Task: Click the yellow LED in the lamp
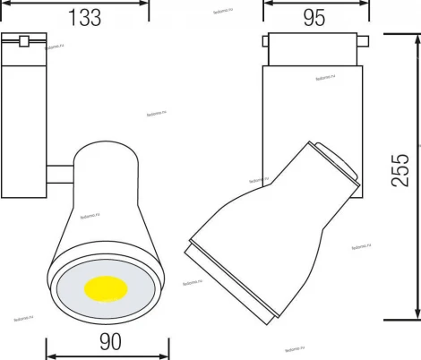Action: [x=106, y=291]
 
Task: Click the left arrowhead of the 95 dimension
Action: [x=267, y=2]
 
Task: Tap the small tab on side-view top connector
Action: [x=363, y=39]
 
